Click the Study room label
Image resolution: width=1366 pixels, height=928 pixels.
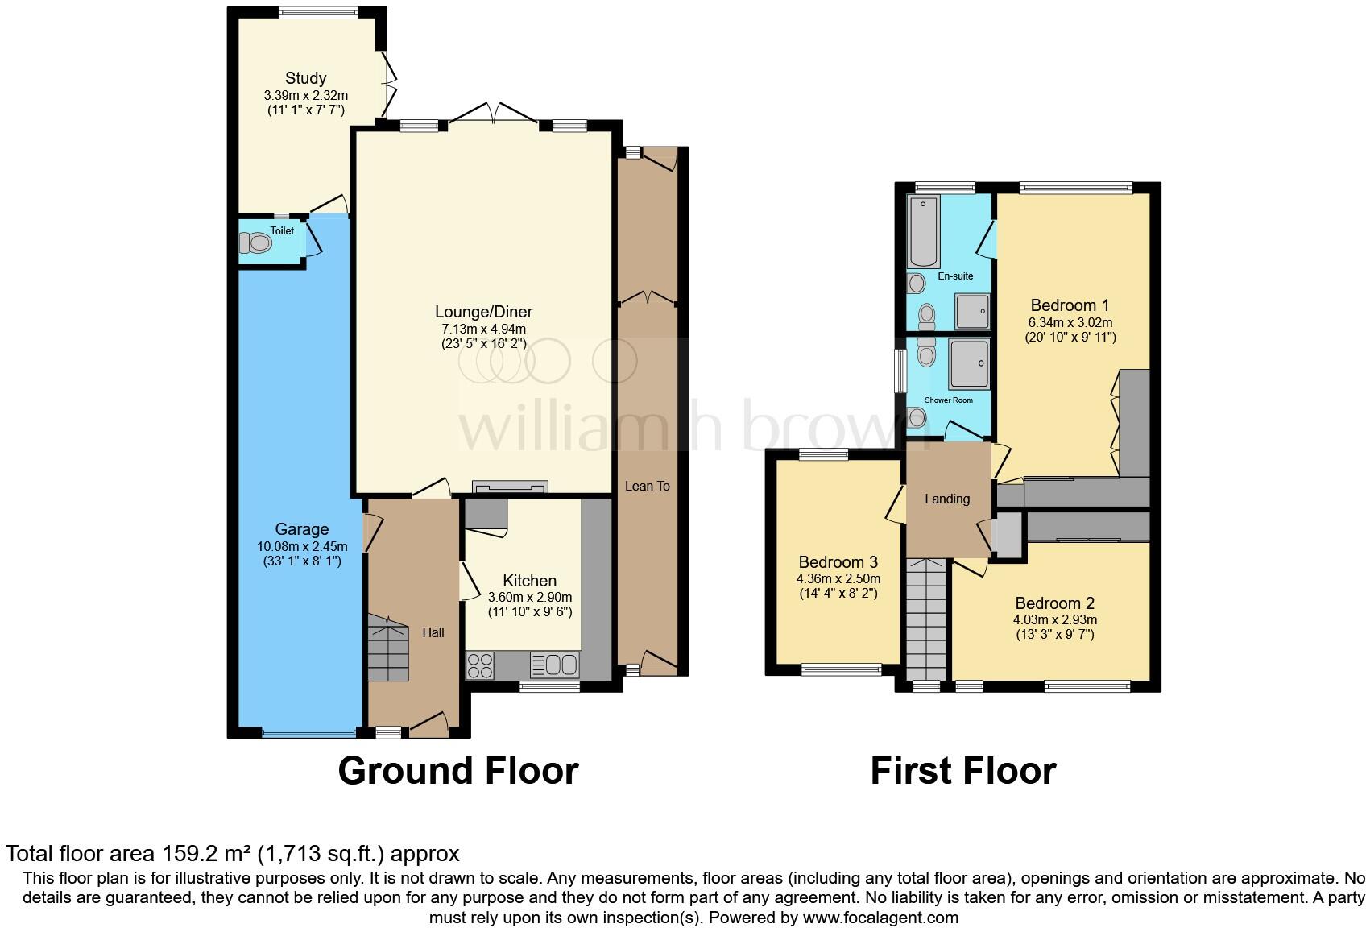point(305,78)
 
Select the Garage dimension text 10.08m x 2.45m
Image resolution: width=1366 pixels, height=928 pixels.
point(302,546)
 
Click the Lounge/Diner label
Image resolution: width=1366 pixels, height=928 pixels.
point(483,312)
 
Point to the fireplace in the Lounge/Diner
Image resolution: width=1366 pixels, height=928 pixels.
point(510,486)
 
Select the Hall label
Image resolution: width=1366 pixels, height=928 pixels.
point(433,632)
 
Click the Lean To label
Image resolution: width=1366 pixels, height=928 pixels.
point(647,486)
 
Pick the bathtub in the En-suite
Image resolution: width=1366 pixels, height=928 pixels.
point(924,232)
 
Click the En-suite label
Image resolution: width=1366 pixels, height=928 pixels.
point(955,276)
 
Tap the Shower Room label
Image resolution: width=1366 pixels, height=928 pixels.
point(949,400)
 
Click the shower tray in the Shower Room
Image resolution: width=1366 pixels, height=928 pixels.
point(970,364)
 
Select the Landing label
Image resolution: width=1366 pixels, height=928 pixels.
point(946,499)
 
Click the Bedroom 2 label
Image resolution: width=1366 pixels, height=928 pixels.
point(1054,603)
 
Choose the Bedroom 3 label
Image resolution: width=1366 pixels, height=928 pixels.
point(838,562)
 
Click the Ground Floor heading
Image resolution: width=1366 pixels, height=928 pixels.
point(457,771)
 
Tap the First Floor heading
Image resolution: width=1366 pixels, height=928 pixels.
point(962,771)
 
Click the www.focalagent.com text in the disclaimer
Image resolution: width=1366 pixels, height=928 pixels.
point(880,917)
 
